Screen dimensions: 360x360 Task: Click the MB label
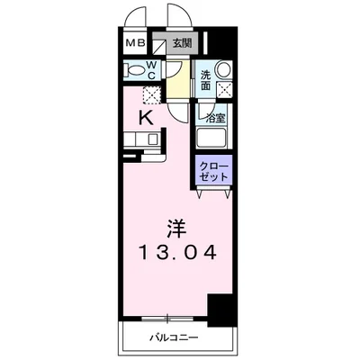pyautogui.click(x=133, y=41)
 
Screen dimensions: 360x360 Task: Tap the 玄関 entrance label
pyautogui.click(x=182, y=41)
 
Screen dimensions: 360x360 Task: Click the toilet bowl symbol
pyautogui.click(x=135, y=71)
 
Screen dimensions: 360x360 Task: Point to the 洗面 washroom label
pyautogui.click(x=205, y=77)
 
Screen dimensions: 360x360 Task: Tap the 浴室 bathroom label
pyautogui.click(x=214, y=117)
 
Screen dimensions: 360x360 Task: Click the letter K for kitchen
pyautogui.click(x=144, y=117)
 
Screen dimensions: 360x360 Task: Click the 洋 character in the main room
pyautogui.click(x=177, y=227)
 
